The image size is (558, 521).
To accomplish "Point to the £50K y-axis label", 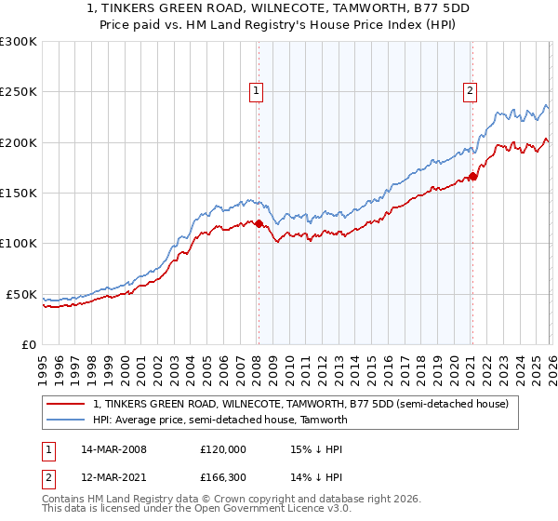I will pos(21,294).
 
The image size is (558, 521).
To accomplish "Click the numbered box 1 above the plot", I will pos(256,91).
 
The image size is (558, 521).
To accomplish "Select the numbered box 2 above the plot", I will pos(471,91).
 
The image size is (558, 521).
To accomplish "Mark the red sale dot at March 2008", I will pos(259,223).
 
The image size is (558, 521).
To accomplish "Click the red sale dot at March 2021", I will pos(472,176).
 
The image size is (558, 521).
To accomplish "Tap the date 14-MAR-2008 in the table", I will pos(113,448).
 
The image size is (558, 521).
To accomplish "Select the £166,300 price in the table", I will pos(223,480).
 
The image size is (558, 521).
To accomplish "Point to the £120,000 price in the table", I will pos(223,448).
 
